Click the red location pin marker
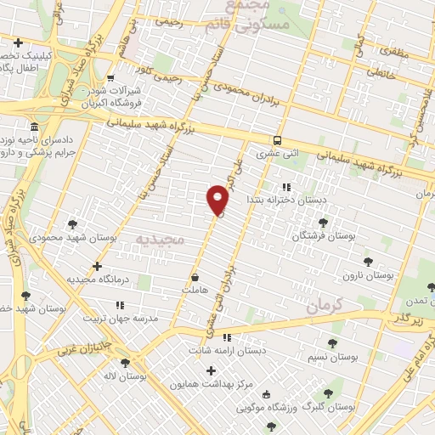(217, 200)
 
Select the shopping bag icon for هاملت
(195, 277)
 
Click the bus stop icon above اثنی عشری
(278, 141)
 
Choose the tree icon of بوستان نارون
(367, 262)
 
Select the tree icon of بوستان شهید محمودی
(71, 224)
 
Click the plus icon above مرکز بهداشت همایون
(211, 370)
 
